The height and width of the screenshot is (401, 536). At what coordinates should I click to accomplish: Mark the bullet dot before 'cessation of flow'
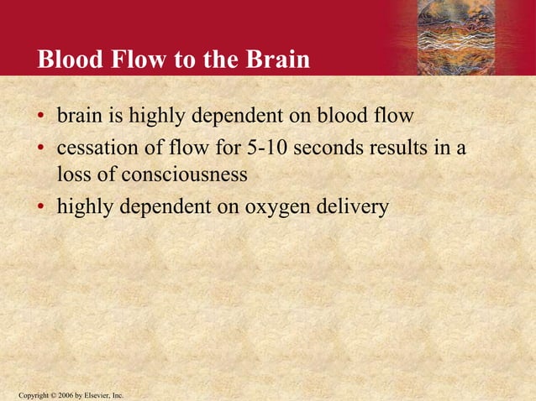[x=40, y=150]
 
